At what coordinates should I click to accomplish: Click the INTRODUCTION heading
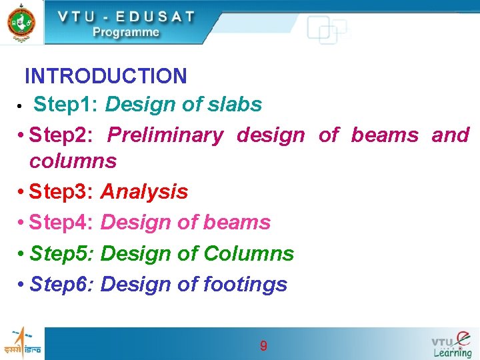click(105, 76)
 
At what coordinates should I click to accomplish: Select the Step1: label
click(66, 105)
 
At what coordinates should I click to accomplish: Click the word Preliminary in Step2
click(165, 135)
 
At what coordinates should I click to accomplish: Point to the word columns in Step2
click(73, 161)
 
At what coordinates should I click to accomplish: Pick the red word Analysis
click(144, 192)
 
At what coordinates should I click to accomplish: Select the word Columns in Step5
click(249, 253)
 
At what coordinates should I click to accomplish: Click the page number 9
click(263, 345)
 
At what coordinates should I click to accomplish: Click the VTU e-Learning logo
click(451, 344)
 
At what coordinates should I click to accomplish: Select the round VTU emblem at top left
click(21, 22)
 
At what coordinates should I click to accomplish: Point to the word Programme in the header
click(126, 32)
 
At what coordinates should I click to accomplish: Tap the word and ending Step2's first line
click(450, 135)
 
